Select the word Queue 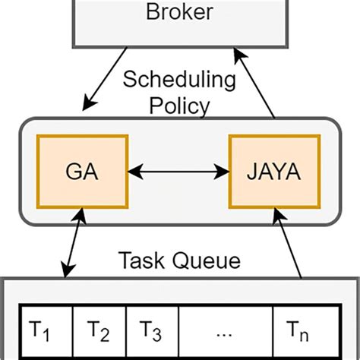pyautogui.click(x=205, y=261)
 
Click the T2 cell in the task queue pyautogui.click(x=97, y=331)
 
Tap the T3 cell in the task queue pyautogui.click(x=151, y=331)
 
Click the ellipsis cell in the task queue pyautogui.click(x=224, y=331)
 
